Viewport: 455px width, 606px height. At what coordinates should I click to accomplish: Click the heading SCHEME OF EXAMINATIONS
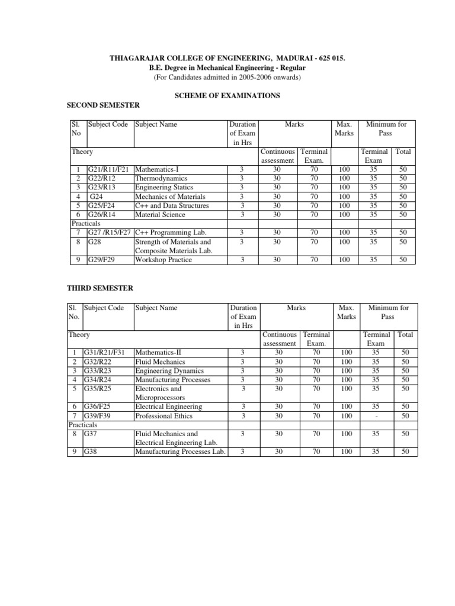tap(225, 95)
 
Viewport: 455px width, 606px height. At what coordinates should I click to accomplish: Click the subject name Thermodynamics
tap(161, 178)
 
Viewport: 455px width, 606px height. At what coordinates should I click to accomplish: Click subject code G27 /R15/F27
tap(110, 233)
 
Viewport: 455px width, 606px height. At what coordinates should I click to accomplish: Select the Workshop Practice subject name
tap(164, 260)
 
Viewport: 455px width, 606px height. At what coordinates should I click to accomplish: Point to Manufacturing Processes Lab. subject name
tap(181, 452)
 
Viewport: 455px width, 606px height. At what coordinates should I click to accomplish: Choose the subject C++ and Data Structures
tap(172, 205)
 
